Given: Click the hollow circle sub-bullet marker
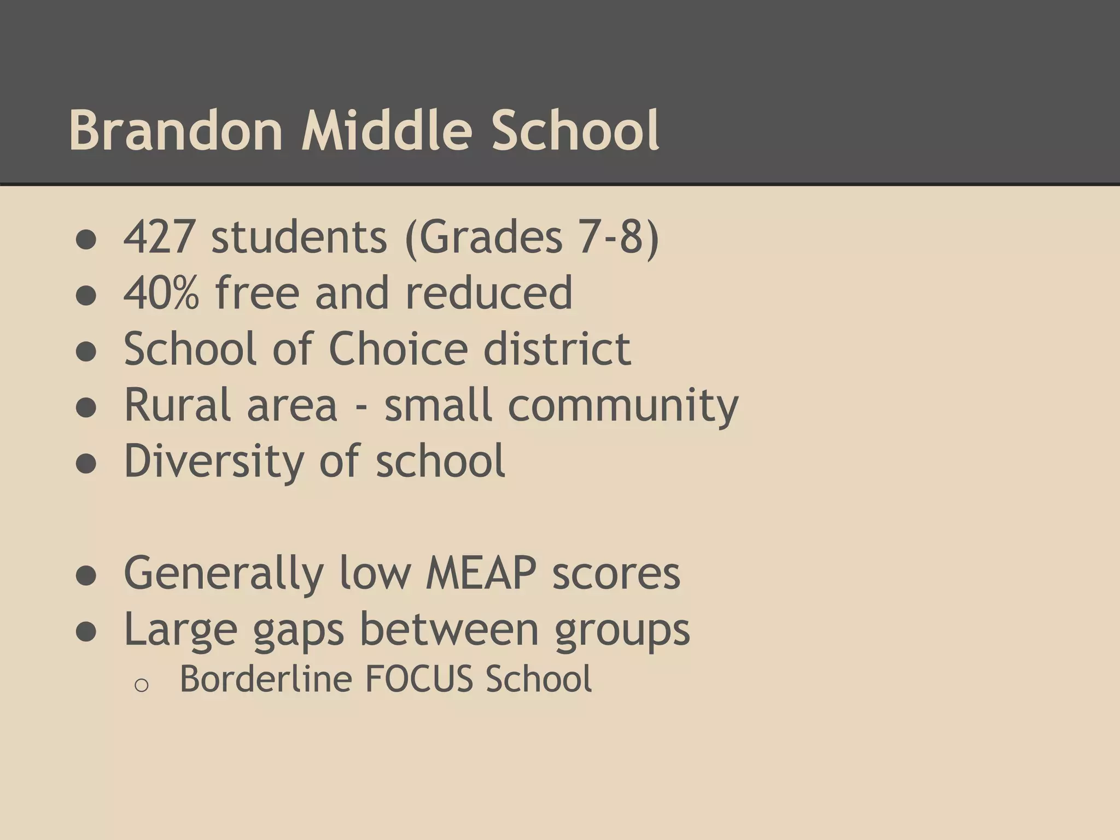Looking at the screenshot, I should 141,685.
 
